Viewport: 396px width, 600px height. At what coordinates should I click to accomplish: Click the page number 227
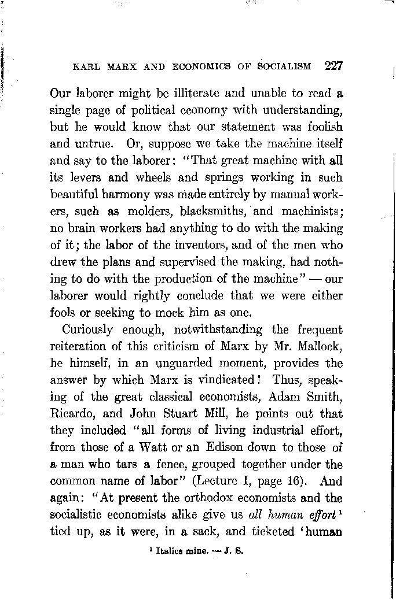pyautogui.click(x=334, y=65)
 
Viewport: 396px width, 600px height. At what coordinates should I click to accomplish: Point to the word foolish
pyautogui.click(x=319, y=127)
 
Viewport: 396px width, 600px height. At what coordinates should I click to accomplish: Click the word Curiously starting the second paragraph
pyautogui.click(x=85, y=330)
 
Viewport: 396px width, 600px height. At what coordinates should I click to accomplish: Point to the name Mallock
pyautogui.click(x=320, y=346)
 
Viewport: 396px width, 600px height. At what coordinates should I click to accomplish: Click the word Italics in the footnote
pyautogui.click(x=169, y=551)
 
